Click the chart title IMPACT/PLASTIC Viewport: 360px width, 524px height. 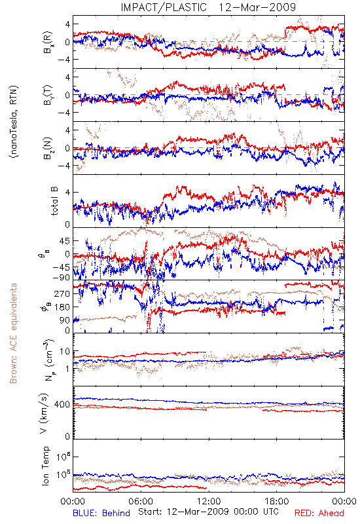point(164,7)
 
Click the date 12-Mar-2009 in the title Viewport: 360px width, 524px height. point(257,7)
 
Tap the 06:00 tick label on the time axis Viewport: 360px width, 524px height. point(141,501)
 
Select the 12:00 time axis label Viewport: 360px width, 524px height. point(209,501)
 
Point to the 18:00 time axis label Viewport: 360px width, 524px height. point(277,501)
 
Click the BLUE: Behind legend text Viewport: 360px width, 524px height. point(101,513)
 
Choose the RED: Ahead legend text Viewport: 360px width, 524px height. point(319,513)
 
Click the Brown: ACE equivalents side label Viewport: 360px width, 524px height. point(13,333)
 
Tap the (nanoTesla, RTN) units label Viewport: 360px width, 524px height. point(14,122)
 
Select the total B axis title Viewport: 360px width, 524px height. point(54,201)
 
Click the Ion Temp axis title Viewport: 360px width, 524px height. point(45,466)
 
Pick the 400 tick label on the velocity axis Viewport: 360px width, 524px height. point(62,404)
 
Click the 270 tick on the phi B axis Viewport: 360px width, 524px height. point(62,293)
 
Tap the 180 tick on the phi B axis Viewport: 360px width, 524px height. point(62,307)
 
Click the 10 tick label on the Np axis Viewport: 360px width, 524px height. point(65,352)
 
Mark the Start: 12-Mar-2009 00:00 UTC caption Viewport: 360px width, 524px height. point(208,512)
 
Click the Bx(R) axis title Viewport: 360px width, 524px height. point(48,42)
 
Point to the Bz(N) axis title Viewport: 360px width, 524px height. point(48,148)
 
